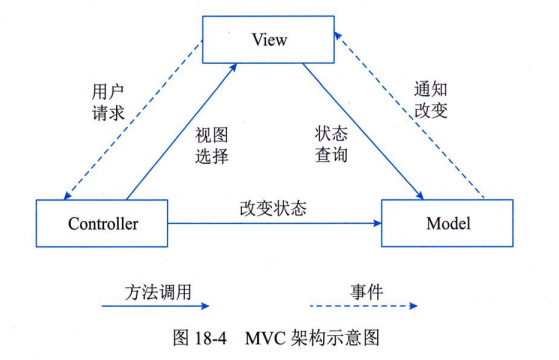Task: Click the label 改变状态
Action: (x=272, y=210)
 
